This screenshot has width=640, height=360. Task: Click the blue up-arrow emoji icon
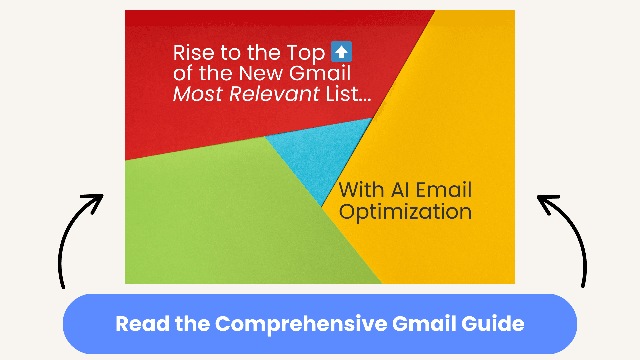coord(341,52)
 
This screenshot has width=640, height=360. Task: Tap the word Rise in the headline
coord(194,53)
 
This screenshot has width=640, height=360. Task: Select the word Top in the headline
coord(306,53)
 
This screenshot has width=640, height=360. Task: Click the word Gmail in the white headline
coord(320,73)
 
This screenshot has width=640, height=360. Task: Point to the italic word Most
coord(198,94)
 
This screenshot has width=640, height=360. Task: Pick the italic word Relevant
coord(274,94)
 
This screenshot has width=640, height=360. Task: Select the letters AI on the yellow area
coord(400,190)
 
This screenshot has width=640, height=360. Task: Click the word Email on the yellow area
coord(444,190)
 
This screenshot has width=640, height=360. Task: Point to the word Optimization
coord(405,212)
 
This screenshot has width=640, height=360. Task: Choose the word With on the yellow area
coord(362,190)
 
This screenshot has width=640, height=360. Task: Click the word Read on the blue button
coord(143,324)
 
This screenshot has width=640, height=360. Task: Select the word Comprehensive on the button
coord(301,324)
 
